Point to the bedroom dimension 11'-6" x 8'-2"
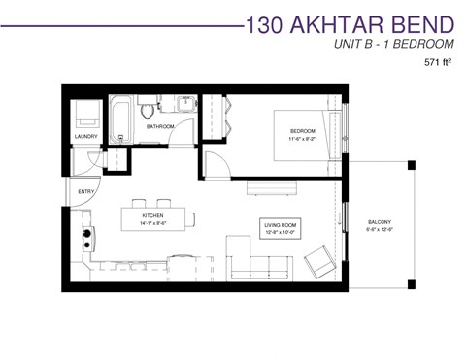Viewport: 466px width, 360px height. click(304, 140)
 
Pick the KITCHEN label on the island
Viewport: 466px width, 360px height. click(152, 215)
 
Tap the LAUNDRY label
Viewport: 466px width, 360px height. click(86, 137)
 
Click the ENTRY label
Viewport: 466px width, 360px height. click(86, 191)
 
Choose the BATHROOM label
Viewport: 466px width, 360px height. click(160, 127)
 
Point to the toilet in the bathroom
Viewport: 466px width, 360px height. click(149, 104)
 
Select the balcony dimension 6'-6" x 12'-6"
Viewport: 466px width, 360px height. click(380, 230)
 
